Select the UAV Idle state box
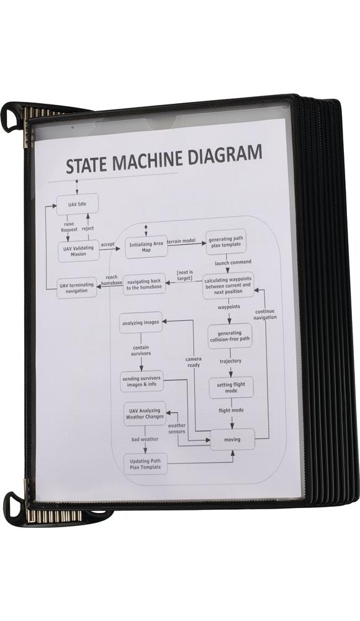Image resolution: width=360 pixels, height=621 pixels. (x=77, y=204)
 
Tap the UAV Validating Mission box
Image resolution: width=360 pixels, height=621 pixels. (x=78, y=251)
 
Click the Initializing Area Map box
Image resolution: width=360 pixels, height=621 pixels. (x=146, y=247)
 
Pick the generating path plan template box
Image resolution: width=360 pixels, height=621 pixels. (x=226, y=242)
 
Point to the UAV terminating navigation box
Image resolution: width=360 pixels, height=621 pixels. (x=76, y=288)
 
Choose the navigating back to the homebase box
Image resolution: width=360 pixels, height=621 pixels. (x=143, y=284)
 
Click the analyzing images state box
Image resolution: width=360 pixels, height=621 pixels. (x=140, y=322)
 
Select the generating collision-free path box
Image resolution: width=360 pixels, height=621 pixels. (x=230, y=336)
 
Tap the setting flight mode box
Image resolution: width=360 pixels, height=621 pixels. (x=232, y=388)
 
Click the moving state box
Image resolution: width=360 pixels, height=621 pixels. (x=232, y=439)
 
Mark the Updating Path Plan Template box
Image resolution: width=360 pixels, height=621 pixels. (x=145, y=464)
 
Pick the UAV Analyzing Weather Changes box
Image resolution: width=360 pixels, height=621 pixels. (x=145, y=414)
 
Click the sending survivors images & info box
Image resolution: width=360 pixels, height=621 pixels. (x=142, y=381)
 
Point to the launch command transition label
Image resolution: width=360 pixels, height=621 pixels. (x=233, y=262)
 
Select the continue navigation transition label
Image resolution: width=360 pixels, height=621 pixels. (x=265, y=314)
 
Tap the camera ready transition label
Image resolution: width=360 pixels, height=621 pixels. (x=194, y=362)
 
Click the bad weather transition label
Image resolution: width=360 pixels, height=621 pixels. (x=145, y=439)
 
